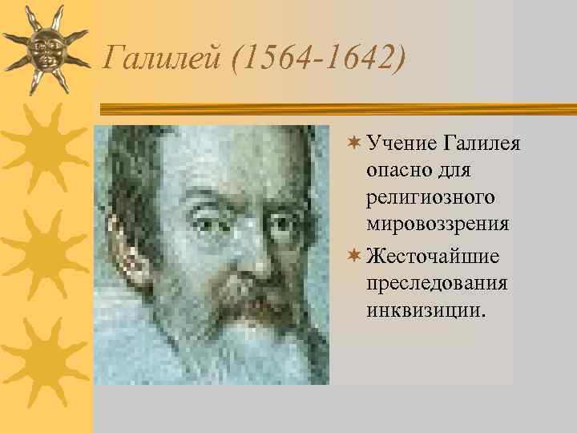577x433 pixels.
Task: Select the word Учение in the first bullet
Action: coord(401,144)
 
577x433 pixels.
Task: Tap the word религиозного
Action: coord(430,197)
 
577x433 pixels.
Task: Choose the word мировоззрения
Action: coord(437,224)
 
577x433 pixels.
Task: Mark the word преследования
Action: coord(436,284)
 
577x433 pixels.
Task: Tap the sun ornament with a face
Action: coord(44,47)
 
